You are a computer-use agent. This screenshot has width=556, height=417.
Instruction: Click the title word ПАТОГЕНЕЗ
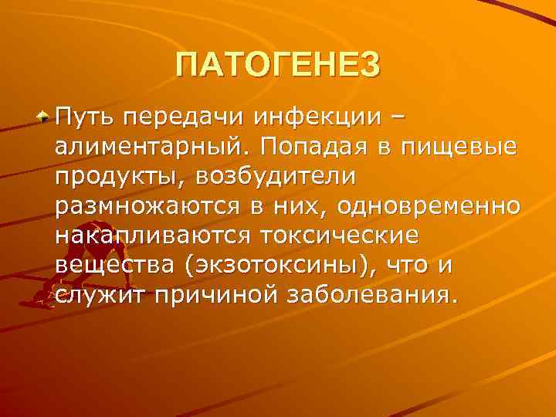tap(278, 65)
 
